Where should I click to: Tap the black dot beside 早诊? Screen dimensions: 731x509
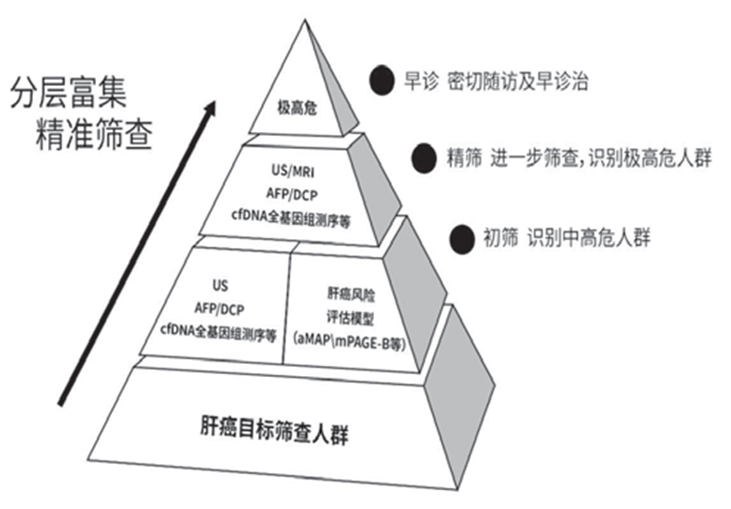pos(381,79)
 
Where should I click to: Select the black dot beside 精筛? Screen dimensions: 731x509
pos(424,156)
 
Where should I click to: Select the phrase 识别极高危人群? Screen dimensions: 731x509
pos(634,156)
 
